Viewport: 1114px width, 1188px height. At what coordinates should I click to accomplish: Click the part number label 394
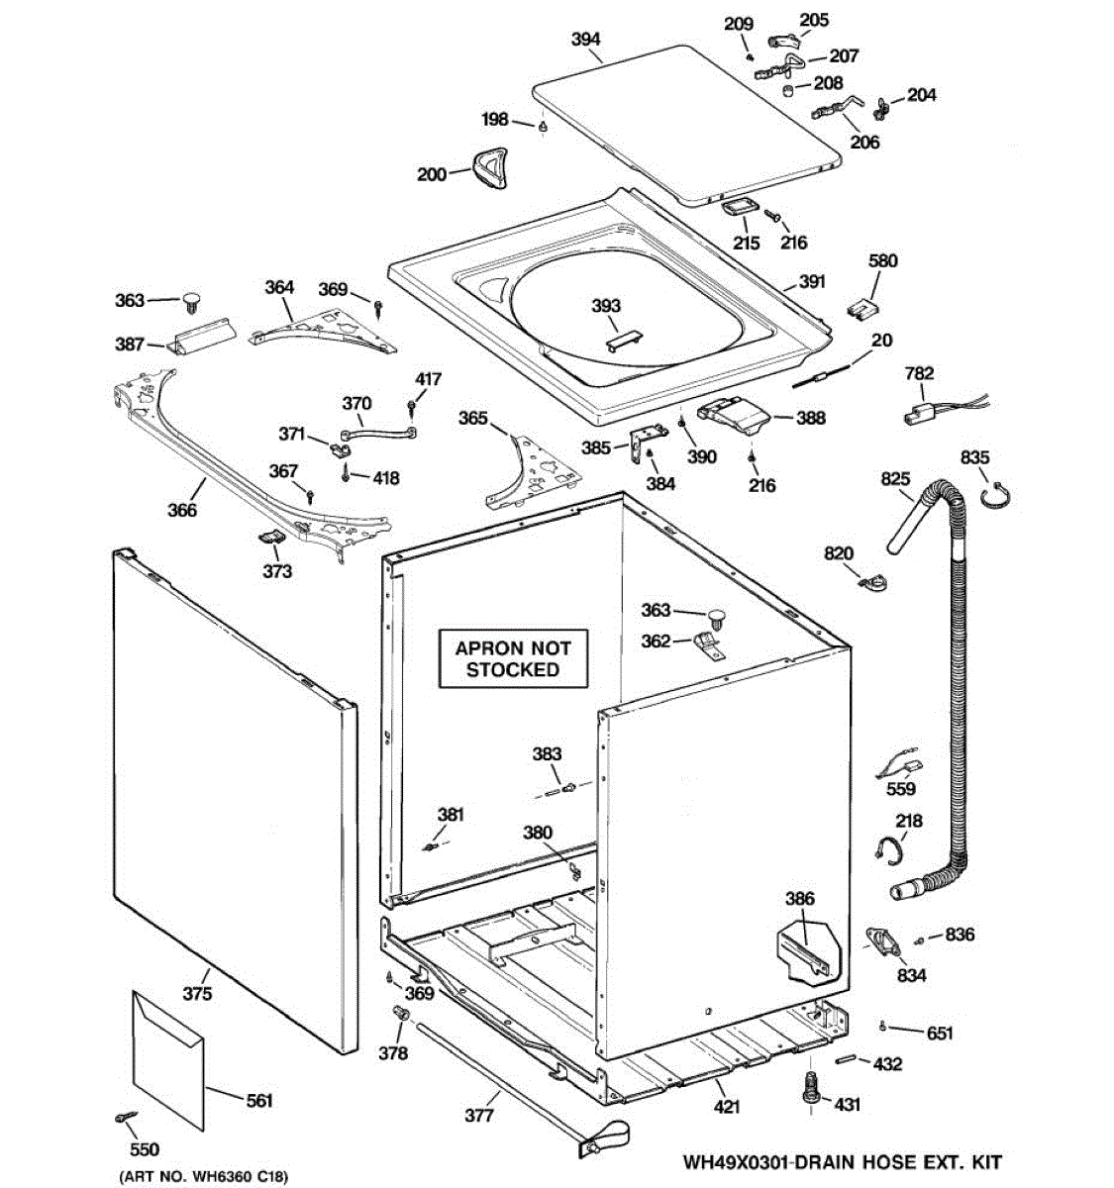(x=586, y=40)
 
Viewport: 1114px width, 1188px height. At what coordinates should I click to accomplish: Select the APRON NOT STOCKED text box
(x=513, y=659)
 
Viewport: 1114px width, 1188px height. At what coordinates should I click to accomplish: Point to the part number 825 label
(x=895, y=479)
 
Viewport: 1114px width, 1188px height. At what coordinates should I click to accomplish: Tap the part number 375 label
(x=197, y=994)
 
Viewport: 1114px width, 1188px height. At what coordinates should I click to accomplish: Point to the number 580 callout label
(x=882, y=261)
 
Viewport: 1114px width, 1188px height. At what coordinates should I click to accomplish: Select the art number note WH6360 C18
(x=204, y=1178)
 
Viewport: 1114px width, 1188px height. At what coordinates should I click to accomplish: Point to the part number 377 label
(x=478, y=1116)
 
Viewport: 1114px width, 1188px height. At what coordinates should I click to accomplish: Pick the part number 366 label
(x=182, y=510)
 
